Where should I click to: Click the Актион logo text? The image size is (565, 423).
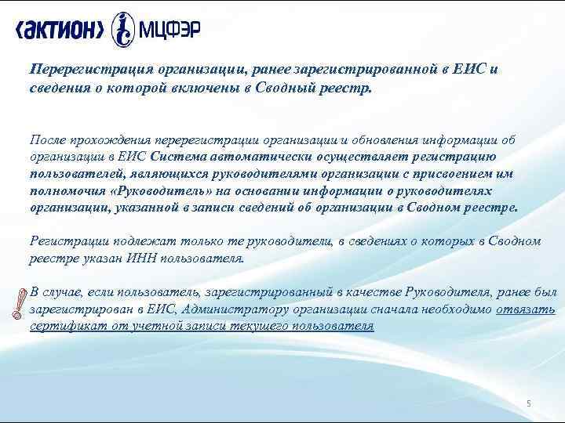(x=60, y=30)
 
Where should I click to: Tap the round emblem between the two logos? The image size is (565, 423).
(x=122, y=30)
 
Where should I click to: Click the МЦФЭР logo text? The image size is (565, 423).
(x=168, y=31)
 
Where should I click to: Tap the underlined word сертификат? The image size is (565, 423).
(x=62, y=327)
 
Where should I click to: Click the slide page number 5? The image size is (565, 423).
(x=528, y=403)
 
